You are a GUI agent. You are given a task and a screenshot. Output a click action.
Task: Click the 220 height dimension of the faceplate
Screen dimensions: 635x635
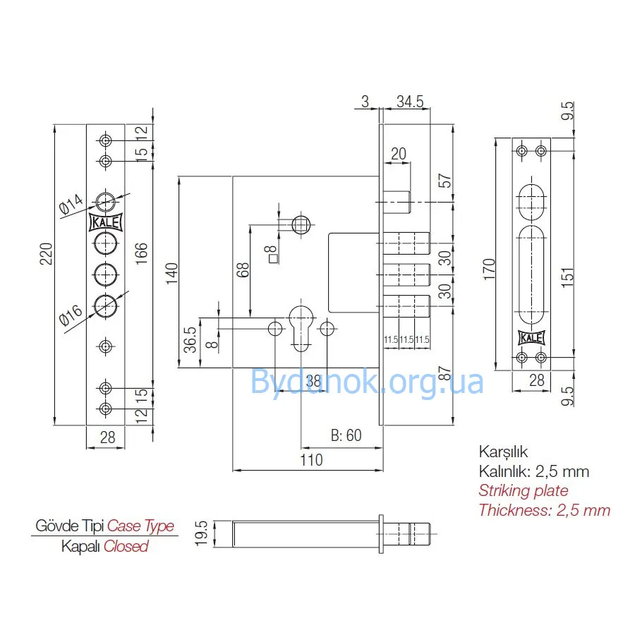pyautogui.click(x=46, y=253)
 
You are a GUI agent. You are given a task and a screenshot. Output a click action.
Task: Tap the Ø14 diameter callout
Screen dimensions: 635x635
pyautogui.click(x=71, y=204)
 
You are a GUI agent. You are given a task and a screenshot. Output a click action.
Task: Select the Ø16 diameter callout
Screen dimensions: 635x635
pyautogui.click(x=71, y=315)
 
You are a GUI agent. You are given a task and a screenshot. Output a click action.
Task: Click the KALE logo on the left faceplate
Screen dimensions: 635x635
pyautogui.click(x=105, y=222)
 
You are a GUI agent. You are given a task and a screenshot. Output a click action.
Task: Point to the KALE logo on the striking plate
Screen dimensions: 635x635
pyautogui.click(x=531, y=338)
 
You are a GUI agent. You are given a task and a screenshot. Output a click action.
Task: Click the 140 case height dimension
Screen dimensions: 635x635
pyautogui.click(x=171, y=272)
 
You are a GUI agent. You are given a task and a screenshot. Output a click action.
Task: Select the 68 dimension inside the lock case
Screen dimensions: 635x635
pyautogui.click(x=243, y=270)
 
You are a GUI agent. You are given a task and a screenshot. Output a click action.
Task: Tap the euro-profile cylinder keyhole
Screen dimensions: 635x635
pyautogui.click(x=301, y=329)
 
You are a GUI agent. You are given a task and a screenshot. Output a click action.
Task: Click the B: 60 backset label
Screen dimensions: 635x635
pyautogui.click(x=346, y=435)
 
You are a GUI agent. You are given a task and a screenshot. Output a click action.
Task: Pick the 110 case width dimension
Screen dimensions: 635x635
pyautogui.click(x=311, y=460)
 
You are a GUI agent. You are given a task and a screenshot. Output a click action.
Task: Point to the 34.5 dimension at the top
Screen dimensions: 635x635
pyautogui.click(x=410, y=102)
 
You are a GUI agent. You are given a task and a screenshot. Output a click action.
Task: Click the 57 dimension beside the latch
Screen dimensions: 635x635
pyautogui.click(x=445, y=181)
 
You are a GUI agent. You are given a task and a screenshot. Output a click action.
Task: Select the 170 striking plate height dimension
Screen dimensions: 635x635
pyautogui.click(x=489, y=269)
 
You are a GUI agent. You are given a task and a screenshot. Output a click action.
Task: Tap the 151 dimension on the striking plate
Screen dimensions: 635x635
pyautogui.click(x=568, y=277)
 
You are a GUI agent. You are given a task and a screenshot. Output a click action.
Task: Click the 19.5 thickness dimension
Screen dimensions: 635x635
pyautogui.click(x=201, y=533)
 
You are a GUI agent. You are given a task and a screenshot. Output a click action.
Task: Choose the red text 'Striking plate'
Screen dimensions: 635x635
pyautogui.click(x=524, y=490)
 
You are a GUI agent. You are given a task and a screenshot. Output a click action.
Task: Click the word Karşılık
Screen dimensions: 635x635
pyautogui.click(x=503, y=452)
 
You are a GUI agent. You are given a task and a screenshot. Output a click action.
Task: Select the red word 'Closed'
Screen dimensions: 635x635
pyautogui.click(x=126, y=546)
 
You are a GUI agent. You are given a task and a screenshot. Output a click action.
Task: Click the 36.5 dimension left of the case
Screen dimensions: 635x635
pyautogui.click(x=190, y=340)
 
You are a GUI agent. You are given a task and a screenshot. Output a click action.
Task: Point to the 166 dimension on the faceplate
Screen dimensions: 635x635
pyautogui.click(x=141, y=253)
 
